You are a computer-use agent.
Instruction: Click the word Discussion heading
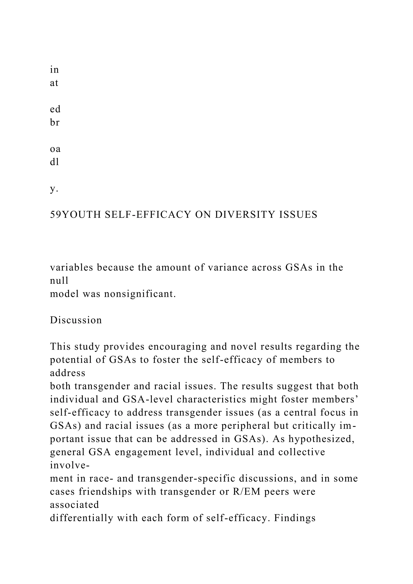[76, 320]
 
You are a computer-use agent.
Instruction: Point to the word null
[59, 281]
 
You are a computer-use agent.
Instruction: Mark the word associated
[74, 505]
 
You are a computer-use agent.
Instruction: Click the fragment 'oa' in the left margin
[55, 149]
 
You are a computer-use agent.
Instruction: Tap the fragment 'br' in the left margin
[55, 123]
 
